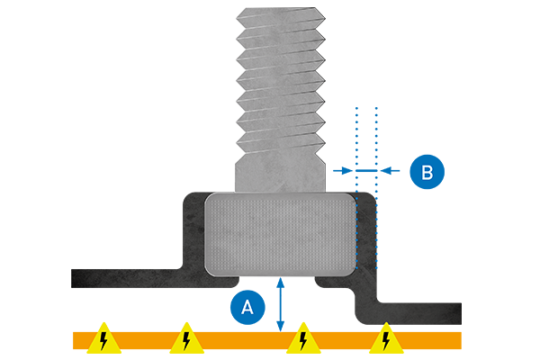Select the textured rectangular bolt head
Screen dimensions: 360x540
(281, 233)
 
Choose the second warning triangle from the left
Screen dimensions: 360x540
(185, 338)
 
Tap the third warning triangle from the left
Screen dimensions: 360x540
(303, 338)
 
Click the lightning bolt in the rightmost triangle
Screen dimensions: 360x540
(385, 340)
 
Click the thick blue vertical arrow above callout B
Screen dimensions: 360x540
(371, 135)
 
